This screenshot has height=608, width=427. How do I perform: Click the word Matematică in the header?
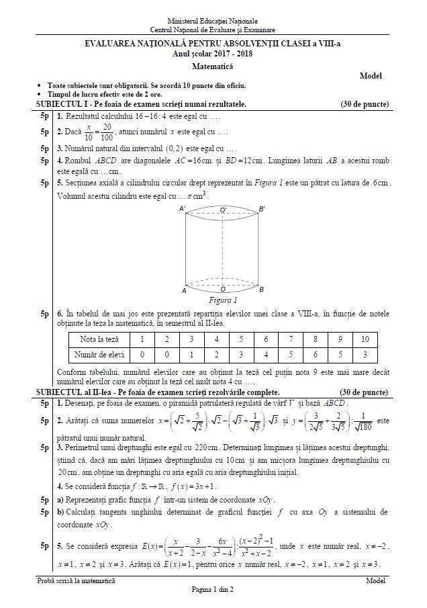tap(212, 67)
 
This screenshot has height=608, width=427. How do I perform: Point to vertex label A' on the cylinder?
tap(183, 210)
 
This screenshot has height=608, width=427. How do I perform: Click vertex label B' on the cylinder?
tap(262, 210)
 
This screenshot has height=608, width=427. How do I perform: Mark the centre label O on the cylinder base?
tap(223, 290)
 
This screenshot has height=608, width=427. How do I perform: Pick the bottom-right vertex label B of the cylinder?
tap(261, 290)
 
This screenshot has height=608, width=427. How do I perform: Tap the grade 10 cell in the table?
tap(365, 339)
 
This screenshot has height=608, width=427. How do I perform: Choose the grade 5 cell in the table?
tap(241, 339)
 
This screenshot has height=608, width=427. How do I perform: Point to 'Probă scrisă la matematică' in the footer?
tap(76, 580)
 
